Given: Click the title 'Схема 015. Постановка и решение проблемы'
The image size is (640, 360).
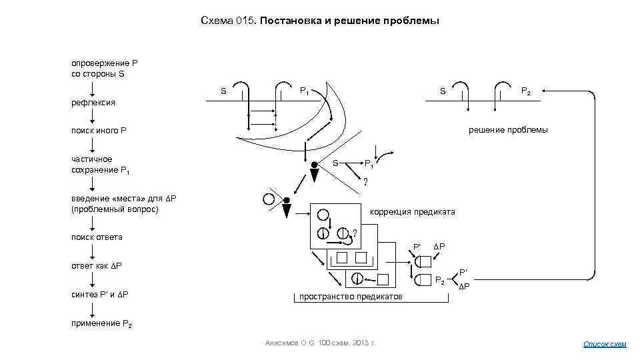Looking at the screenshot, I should [x=320, y=21].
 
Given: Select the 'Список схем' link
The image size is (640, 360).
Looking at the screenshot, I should [x=605, y=344].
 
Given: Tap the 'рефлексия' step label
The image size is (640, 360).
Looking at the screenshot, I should [x=93, y=103].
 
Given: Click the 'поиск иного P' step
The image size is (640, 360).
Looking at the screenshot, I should [x=99, y=131].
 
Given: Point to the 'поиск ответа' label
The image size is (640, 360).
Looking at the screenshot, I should [x=97, y=237].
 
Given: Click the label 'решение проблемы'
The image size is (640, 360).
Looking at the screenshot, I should [x=508, y=130].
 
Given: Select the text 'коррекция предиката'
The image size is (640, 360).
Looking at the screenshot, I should [x=413, y=212].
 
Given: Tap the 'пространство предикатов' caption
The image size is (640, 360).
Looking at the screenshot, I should [x=351, y=296].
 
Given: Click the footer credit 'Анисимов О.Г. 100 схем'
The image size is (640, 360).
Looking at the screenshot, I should [x=321, y=343].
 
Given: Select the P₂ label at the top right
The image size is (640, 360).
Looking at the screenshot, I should [x=526, y=91].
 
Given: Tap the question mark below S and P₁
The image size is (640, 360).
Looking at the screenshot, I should [x=365, y=182].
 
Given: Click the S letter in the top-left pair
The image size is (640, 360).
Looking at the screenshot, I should [x=223, y=91].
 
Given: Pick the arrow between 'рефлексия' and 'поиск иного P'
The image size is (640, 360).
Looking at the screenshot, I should [x=93, y=117].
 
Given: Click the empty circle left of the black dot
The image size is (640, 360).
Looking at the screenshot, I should [x=270, y=198].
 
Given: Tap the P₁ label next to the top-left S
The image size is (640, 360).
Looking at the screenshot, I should [x=303, y=91].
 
